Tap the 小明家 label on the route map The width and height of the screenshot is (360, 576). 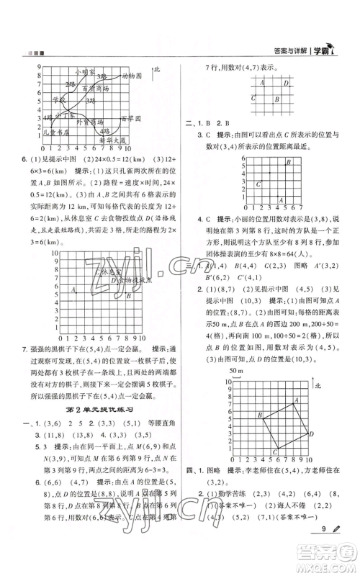tap(84, 71)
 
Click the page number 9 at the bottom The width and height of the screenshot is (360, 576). tap(329, 547)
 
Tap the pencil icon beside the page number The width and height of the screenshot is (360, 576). tap(343, 547)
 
